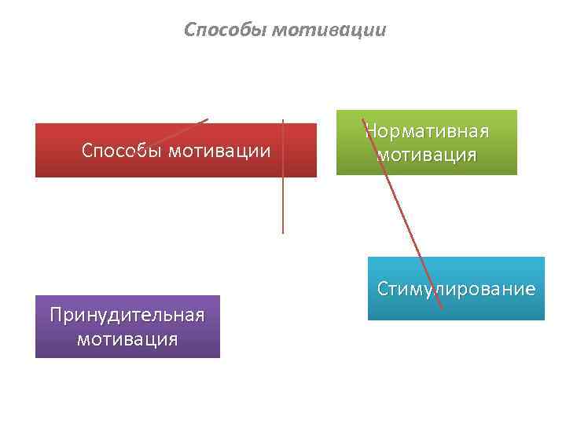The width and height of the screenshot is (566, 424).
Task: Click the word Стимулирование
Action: pos(456,289)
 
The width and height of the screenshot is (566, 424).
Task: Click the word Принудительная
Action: pos(127,315)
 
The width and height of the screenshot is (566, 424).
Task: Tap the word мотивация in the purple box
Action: pos(127,339)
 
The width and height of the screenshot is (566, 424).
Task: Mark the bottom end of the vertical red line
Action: pos(283,232)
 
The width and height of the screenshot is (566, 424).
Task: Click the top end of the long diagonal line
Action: pos(362,119)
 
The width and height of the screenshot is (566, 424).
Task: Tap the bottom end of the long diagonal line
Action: pos(442,308)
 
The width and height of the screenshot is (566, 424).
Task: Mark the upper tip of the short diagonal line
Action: pos(208,119)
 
